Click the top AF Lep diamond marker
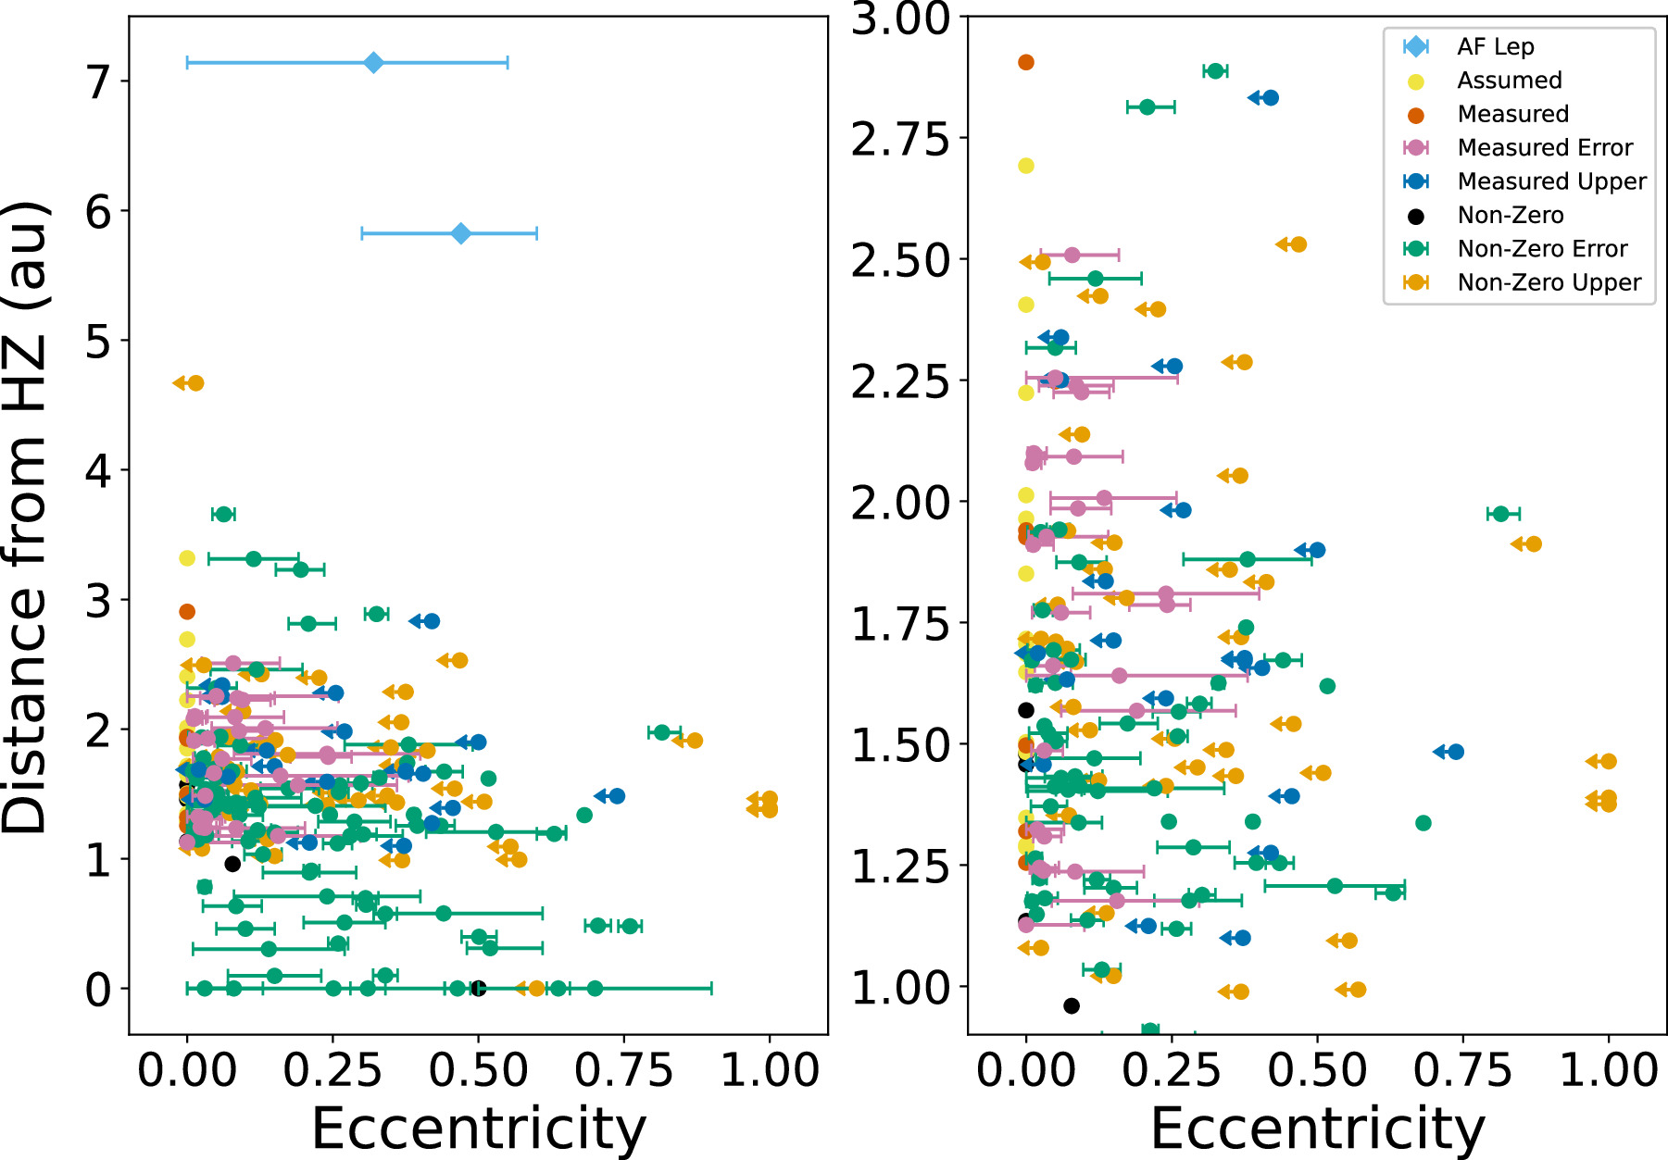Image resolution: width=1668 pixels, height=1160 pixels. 373,63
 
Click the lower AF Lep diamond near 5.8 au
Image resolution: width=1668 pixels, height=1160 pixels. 460,233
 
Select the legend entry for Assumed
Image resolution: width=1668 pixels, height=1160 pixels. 1510,81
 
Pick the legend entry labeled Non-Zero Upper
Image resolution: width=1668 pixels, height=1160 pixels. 1549,282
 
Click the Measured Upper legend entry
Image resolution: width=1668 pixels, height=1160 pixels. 1551,181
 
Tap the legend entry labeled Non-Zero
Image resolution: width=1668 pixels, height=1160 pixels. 1510,216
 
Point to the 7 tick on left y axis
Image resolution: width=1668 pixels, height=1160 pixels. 98,82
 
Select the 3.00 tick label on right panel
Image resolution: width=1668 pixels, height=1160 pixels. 900,19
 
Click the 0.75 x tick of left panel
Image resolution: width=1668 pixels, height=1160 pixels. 623,1071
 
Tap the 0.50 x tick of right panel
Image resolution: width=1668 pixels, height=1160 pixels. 1317,1071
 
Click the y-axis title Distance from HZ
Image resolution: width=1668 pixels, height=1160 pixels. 26,518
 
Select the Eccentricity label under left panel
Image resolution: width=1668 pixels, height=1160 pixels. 478,1128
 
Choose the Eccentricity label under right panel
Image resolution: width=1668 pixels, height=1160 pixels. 1317,1128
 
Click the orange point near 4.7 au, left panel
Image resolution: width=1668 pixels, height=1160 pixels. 194,383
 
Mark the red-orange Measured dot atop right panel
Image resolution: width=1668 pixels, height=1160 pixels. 1026,62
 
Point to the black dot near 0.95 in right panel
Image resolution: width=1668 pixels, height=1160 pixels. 1072,1005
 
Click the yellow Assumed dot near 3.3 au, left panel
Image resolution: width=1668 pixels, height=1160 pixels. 187,558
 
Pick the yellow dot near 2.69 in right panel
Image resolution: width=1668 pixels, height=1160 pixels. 1026,166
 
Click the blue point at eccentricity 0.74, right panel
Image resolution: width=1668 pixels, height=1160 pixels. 1455,752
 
